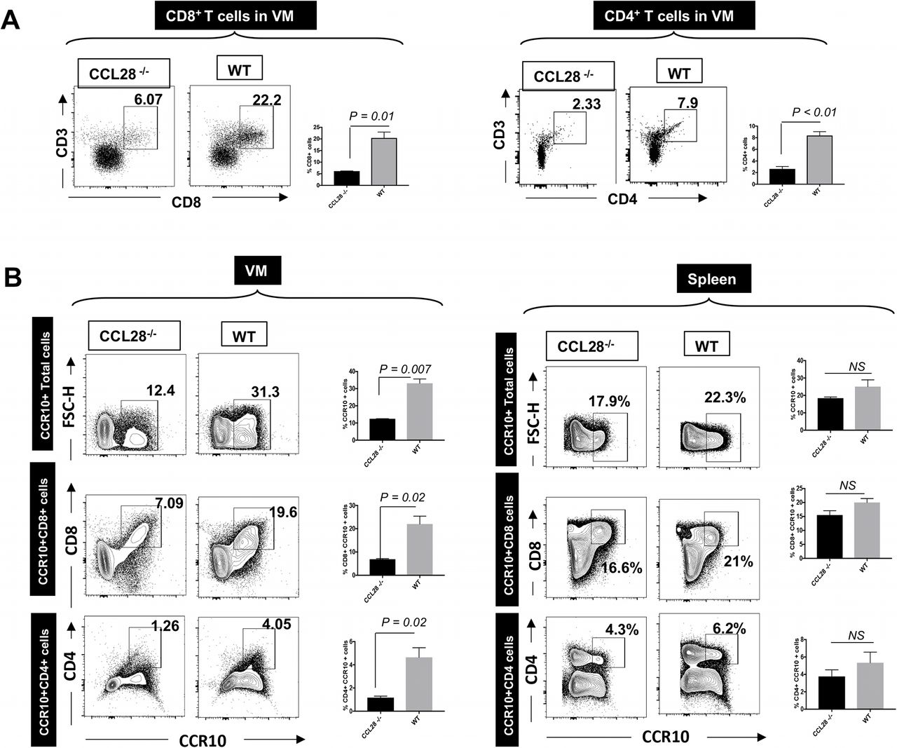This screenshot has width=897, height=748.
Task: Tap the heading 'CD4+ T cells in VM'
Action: [673, 15]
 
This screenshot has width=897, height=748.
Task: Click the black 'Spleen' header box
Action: [712, 280]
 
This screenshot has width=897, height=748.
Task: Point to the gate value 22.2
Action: [267, 100]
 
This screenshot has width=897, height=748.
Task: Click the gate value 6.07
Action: [148, 100]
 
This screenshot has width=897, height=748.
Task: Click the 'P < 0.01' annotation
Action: [814, 112]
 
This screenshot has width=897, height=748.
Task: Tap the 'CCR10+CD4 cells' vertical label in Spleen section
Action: [509, 678]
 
